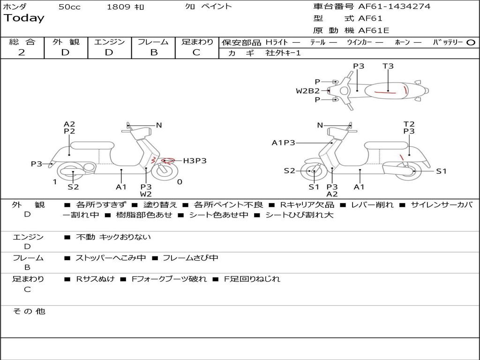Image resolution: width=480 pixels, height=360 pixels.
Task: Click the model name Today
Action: [x=24, y=18]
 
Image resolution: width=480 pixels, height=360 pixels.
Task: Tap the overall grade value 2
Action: [x=22, y=52]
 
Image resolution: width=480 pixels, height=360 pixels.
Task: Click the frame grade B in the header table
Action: [x=153, y=52]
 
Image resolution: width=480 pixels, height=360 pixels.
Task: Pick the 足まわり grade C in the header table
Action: [x=196, y=52]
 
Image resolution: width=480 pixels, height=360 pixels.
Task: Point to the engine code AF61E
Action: [x=374, y=31]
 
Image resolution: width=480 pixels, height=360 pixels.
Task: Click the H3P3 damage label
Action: [x=195, y=161]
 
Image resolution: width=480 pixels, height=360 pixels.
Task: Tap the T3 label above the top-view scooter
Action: [x=388, y=66]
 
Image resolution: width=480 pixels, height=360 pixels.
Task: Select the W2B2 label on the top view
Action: [x=307, y=91]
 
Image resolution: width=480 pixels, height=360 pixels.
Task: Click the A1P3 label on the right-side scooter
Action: [x=284, y=143]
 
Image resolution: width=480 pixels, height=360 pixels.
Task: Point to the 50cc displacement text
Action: [x=69, y=7]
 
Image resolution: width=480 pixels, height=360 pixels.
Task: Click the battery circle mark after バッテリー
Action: [x=471, y=43]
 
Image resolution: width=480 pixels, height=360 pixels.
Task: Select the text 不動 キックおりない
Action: [x=113, y=237]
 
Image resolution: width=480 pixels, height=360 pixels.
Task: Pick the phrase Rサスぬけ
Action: [x=96, y=279]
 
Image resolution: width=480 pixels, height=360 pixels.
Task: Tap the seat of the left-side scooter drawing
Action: [x=92, y=145]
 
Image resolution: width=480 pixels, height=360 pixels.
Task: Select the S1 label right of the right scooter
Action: [x=441, y=171]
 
